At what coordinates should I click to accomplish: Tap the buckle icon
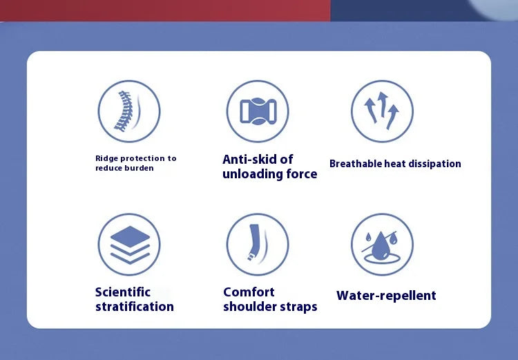click(258, 111)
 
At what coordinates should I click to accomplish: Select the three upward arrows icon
click(381, 111)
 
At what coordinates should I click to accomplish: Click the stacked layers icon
click(130, 245)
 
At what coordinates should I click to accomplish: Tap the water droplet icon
click(381, 247)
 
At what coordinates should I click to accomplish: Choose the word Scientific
click(123, 292)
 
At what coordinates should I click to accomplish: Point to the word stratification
click(135, 306)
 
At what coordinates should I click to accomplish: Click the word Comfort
click(249, 292)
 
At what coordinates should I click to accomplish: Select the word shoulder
click(250, 306)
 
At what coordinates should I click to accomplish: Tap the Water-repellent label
click(386, 296)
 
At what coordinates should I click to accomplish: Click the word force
click(302, 174)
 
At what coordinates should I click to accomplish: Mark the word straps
click(298, 307)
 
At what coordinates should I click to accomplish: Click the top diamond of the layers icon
click(130, 236)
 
